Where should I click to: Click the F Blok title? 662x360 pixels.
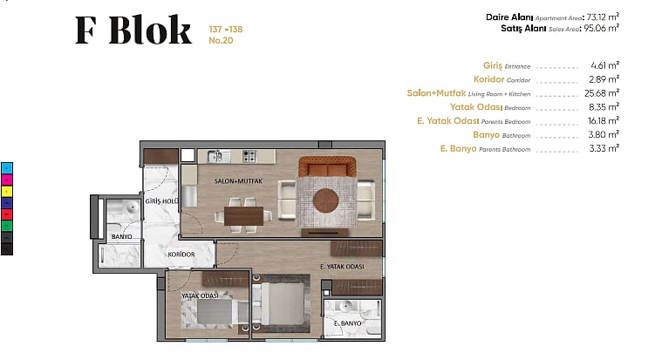tap(133, 30)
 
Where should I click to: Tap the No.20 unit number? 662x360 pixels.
tap(221, 40)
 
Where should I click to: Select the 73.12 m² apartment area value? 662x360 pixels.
tap(603, 17)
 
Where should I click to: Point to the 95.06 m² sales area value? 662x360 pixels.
tap(601, 28)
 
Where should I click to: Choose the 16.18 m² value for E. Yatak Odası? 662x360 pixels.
tap(604, 121)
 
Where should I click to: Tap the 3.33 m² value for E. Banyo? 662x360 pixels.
tap(604, 148)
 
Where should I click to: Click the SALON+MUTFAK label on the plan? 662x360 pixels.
tap(238, 181)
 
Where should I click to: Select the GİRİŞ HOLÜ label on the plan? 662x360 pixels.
tap(162, 201)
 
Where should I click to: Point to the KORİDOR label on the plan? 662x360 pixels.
tap(181, 255)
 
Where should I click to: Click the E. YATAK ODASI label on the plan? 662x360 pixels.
tap(342, 267)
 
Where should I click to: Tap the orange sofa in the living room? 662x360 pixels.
tap(327, 166)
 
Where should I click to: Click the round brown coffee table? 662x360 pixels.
tap(325, 200)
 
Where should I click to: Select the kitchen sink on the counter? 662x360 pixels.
tap(218, 157)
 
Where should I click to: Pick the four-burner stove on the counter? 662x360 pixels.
tap(249, 157)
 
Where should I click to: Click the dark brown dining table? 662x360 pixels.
tap(243, 215)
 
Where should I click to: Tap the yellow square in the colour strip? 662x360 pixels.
tap(7, 192)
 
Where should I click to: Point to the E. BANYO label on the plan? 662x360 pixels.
tap(348, 323)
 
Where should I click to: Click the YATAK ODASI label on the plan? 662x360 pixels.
tap(200, 295)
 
